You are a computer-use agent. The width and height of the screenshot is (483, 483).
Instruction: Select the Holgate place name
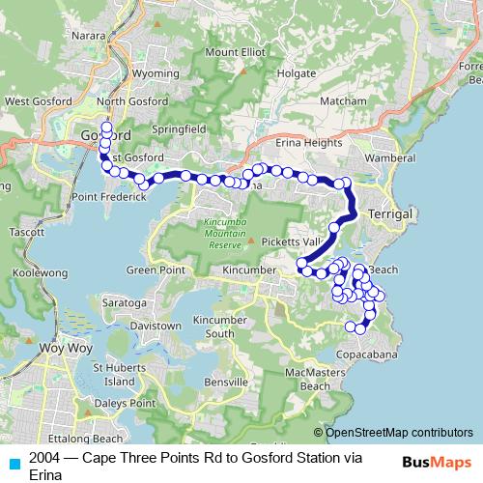[296, 71]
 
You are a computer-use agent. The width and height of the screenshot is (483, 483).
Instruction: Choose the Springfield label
[177, 127]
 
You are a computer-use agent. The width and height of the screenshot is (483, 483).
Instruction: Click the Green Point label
[154, 270]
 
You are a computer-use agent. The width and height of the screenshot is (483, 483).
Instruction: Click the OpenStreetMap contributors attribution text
[399, 433]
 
